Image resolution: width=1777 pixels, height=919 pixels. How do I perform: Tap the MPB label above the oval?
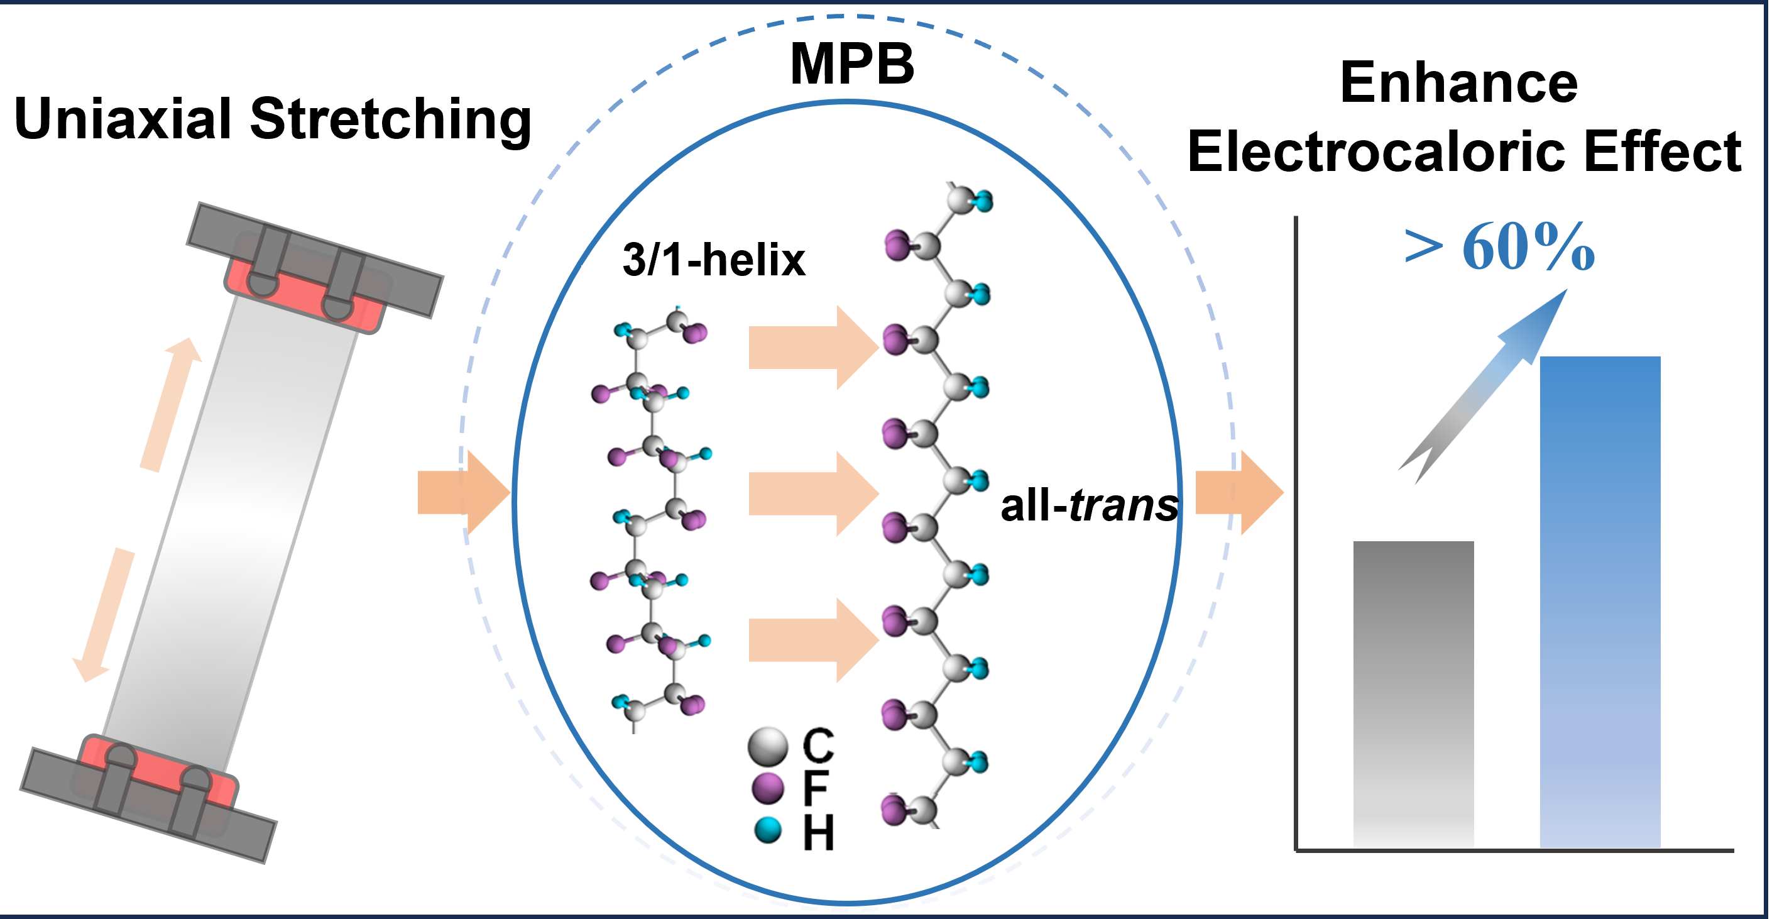[852, 64]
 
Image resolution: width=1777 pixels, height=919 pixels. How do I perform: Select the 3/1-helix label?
[713, 260]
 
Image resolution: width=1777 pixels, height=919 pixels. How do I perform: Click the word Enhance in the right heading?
[1459, 83]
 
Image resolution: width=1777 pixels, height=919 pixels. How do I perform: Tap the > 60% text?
[1500, 247]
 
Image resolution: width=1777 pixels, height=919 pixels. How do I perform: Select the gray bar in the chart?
[1413, 693]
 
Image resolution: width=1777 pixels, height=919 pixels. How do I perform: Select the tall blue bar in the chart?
[1600, 600]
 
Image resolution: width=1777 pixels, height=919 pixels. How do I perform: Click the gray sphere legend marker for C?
[768, 747]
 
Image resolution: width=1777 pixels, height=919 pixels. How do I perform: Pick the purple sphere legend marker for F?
[768, 788]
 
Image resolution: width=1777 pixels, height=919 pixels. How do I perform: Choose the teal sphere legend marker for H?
[768, 830]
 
